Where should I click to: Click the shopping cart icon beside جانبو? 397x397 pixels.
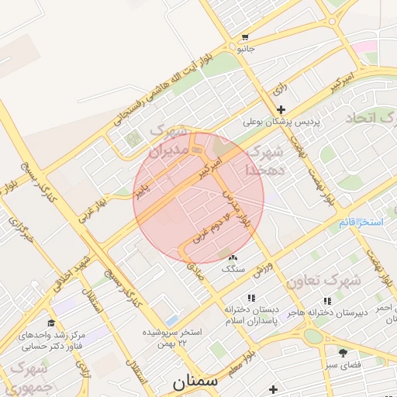(x=245, y=37)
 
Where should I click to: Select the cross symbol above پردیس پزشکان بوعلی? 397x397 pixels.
(x=280, y=109)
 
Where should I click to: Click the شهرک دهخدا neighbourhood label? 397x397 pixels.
(x=265, y=160)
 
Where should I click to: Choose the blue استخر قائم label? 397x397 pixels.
(x=361, y=223)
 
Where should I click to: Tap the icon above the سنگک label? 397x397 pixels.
(x=233, y=257)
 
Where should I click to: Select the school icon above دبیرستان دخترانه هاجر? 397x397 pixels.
(x=326, y=299)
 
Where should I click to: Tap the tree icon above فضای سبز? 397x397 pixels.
(x=342, y=353)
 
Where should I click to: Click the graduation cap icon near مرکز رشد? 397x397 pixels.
(x=51, y=323)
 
